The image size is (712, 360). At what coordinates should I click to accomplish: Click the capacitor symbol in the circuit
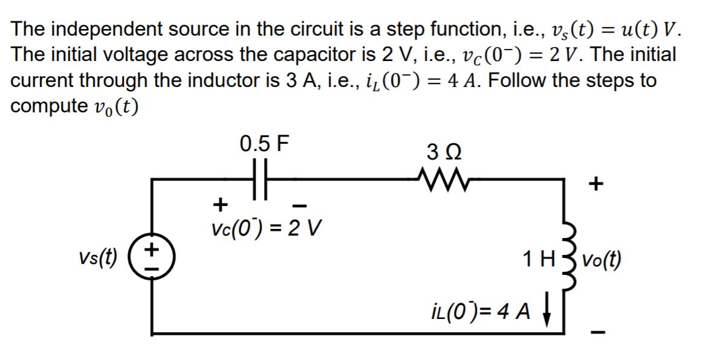coord(260,179)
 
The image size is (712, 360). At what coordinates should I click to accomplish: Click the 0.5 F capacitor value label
coord(264,144)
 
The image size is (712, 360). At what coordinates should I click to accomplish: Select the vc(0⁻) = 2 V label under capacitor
coord(264,229)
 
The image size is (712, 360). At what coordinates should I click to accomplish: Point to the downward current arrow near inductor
coord(548,314)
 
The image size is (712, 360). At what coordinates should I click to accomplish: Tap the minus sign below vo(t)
coord(597,331)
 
